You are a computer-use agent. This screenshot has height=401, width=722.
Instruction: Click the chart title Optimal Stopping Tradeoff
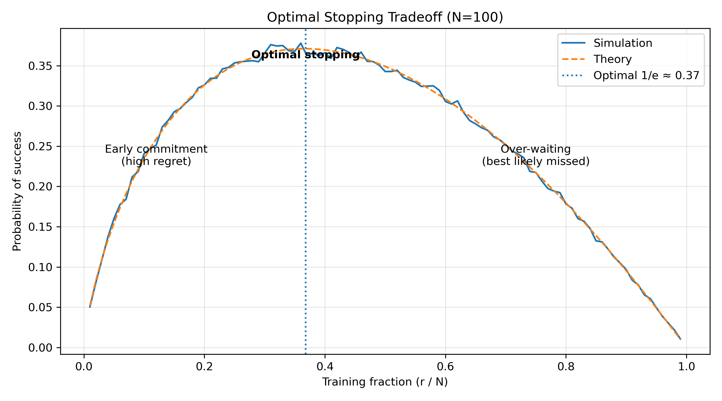pyautogui.click(x=385, y=17)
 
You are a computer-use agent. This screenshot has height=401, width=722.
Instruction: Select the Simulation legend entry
pyautogui.click(x=623, y=43)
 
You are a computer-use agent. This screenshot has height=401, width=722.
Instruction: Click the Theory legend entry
pyautogui.click(x=612, y=59)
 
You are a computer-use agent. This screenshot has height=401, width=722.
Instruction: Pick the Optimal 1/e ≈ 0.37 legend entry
pyautogui.click(x=646, y=76)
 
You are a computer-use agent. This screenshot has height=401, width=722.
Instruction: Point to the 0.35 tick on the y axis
pyautogui.click(x=40, y=66)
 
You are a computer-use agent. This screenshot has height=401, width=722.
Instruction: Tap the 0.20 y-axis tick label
pyautogui.click(x=40, y=187)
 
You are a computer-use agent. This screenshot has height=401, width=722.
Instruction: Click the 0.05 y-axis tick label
pyautogui.click(x=40, y=307)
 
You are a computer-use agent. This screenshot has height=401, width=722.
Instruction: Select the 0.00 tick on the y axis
pyautogui.click(x=40, y=348)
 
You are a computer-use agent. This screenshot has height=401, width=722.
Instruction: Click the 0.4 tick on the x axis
pyautogui.click(x=325, y=367)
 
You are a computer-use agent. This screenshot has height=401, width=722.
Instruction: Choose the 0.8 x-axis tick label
pyautogui.click(x=566, y=367)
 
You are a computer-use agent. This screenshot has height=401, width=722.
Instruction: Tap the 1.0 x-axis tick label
pyautogui.click(x=686, y=367)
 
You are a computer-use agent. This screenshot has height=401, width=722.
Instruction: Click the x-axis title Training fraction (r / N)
pyautogui.click(x=385, y=382)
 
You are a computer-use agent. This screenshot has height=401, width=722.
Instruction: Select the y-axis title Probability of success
pyautogui.click(x=17, y=191)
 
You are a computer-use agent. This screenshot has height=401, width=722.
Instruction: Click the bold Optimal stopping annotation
pyautogui.click(x=305, y=55)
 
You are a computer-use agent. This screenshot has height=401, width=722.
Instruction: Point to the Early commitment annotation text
pyautogui.click(x=156, y=149)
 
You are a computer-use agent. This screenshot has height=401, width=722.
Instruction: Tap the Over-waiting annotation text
pyautogui.click(x=535, y=149)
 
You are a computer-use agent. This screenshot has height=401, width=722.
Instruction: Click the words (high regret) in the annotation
pyautogui.click(x=156, y=161)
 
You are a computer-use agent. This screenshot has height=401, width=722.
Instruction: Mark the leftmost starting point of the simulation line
pyautogui.click(x=90, y=307)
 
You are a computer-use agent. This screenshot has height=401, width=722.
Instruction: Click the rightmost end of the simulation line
pyautogui.click(x=681, y=339)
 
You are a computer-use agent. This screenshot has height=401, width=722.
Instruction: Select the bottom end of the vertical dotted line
pyautogui.click(x=305, y=353)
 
